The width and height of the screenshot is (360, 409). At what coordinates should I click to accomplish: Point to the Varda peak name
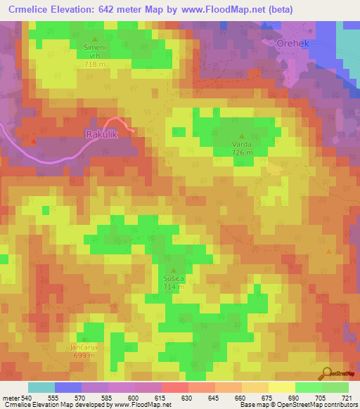242,144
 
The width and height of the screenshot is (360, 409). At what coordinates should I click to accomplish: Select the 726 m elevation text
242,152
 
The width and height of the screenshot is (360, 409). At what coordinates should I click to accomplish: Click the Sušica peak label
174,278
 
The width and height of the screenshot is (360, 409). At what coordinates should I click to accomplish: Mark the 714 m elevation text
174,287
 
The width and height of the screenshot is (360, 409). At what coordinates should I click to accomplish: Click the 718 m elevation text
96,64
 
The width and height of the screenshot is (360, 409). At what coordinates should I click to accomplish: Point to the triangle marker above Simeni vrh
96,39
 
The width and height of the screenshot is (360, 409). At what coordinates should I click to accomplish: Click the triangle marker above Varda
242,136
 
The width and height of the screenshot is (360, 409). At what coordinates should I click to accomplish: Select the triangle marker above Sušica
174,270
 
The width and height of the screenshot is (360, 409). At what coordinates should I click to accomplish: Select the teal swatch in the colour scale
41,387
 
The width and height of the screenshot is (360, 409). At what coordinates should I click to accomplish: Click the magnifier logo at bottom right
326,373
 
